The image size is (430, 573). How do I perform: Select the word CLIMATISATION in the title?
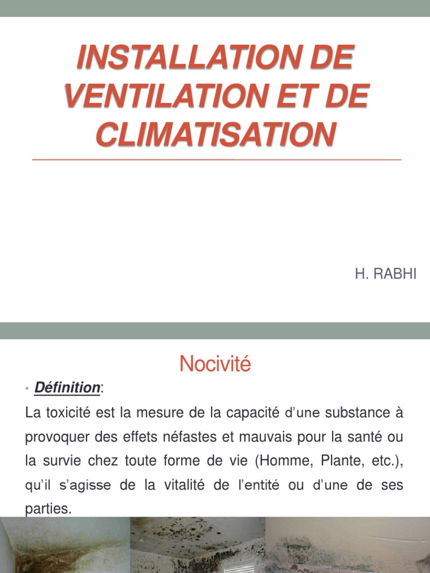(x=216, y=134)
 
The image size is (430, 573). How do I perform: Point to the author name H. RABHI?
(x=386, y=274)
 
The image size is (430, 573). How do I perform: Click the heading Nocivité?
(x=216, y=365)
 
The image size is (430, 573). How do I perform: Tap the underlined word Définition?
(x=67, y=387)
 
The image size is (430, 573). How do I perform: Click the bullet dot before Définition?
(x=27, y=388)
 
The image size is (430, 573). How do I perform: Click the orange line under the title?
(x=217, y=160)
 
